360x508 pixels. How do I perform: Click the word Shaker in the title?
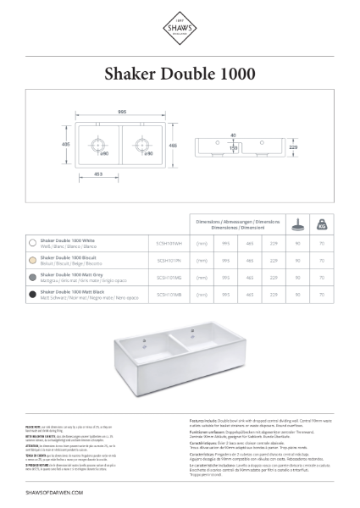tap(132, 74)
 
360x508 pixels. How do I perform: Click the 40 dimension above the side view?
tap(232, 133)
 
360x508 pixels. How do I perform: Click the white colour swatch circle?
tap(31, 241)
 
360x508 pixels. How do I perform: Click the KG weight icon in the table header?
tap(322, 226)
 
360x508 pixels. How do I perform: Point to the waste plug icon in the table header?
tap(297, 226)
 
